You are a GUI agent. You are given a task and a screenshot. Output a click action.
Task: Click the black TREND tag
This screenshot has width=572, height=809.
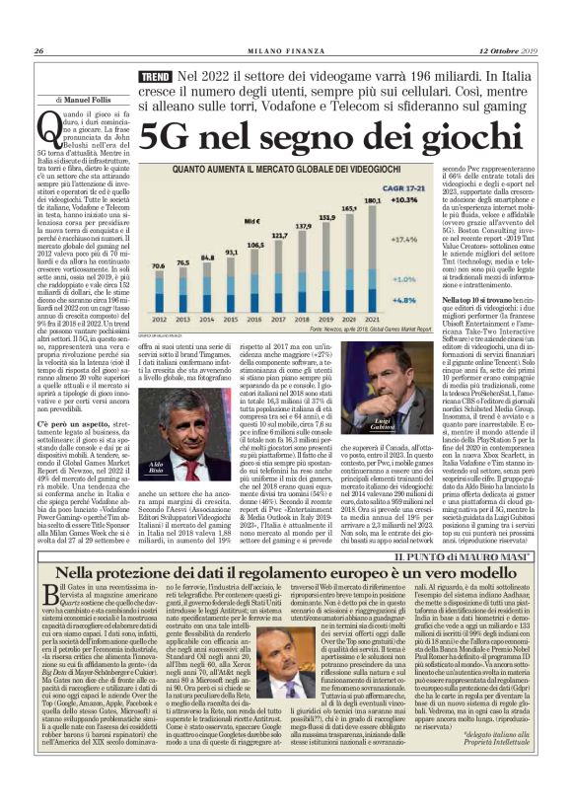click(157, 76)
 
